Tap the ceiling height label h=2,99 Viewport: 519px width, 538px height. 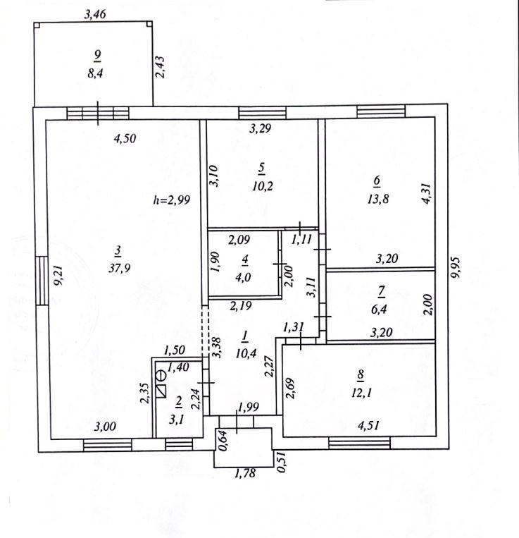pos(171,200)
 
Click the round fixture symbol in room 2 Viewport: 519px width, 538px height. pos(161,375)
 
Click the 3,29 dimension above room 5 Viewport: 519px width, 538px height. pos(262,129)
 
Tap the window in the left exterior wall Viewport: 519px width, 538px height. pos(43,280)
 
